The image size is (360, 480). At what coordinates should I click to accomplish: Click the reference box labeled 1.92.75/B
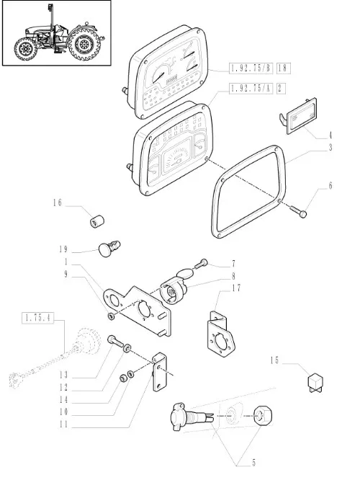click(x=251, y=68)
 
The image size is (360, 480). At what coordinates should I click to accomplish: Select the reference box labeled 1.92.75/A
click(x=251, y=89)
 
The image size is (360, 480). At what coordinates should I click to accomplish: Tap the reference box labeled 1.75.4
click(x=37, y=318)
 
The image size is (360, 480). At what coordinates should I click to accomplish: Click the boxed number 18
click(x=283, y=68)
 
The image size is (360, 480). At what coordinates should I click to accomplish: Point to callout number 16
click(x=57, y=203)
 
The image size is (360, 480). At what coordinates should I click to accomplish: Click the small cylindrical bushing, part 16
click(x=97, y=221)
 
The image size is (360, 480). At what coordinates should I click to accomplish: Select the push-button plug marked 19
click(x=109, y=248)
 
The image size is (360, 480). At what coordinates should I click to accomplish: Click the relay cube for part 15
click(x=315, y=383)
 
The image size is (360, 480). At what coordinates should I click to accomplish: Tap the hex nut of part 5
click(x=263, y=415)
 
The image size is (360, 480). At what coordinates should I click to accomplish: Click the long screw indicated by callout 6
click(x=297, y=211)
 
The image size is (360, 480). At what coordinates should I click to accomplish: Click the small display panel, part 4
click(x=300, y=117)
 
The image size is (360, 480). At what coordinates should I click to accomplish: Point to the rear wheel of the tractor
click(x=84, y=45)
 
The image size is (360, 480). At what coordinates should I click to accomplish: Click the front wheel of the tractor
click(x=26, y=49)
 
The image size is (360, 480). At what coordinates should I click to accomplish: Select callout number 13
click(x=63, y=375)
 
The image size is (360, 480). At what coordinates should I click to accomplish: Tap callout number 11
click(x=63, y=425)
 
